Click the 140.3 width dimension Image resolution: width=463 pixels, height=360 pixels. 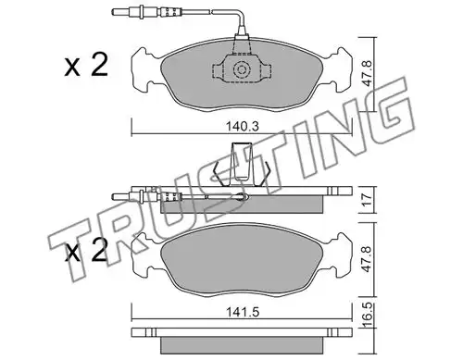242,127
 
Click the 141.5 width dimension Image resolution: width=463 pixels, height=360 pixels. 242,312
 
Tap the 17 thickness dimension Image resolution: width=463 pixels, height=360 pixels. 367,200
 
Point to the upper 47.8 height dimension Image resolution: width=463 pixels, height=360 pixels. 367,74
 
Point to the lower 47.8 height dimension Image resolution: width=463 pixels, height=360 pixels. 367,260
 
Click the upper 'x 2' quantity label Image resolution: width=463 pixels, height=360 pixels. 86,65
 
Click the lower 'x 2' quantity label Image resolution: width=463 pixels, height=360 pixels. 86,250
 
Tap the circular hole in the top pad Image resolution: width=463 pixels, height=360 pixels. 242,69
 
